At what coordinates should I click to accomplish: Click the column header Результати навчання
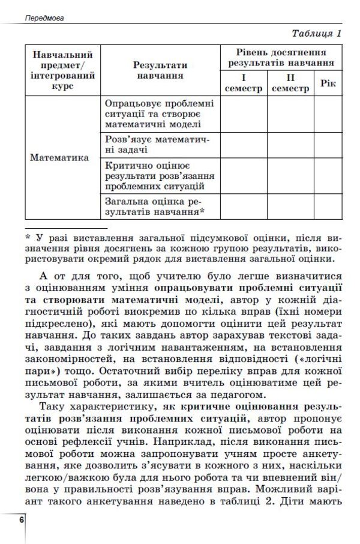pos(160,70)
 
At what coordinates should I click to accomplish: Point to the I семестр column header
pos(244,83)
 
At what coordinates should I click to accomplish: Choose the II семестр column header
pos(290,83)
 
